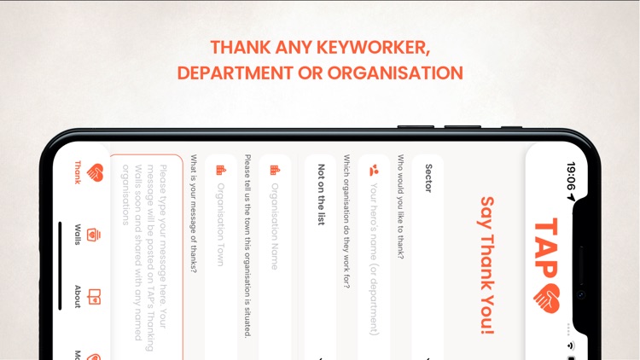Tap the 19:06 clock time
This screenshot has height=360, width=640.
(x=571, y=177)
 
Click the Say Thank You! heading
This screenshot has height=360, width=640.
(x=487, y=265)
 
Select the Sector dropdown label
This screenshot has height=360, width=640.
(x=428, y=178)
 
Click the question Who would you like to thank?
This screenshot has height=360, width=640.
(x=401, y=206)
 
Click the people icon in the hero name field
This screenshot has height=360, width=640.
(x=373, y=171)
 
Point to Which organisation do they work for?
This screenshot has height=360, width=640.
(x=346, y=221)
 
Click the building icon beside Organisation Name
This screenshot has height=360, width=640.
(x=275, y=171)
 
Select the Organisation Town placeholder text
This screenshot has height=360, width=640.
(x=220, y=224)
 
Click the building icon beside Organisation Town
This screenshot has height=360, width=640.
(x=220, y=171)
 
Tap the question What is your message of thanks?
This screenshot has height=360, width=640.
(x=194, y=213)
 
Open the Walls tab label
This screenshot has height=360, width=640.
(x=78, y=235)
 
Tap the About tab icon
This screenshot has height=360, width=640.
(x=94, y=298)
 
